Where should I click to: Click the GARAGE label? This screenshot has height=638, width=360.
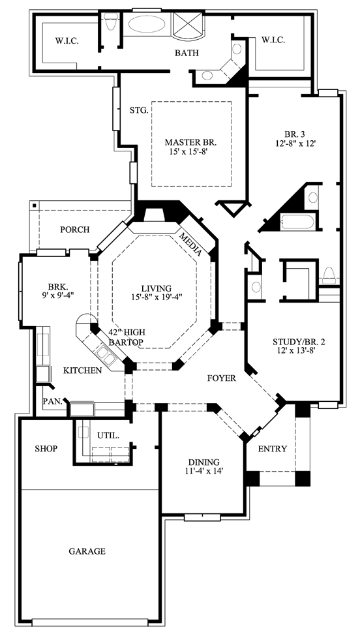pyautogui.click(x=87, y=551)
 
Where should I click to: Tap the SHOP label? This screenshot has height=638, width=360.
pyautogui.click(x=46, y=448)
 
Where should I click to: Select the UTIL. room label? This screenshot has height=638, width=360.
pyautogui.click(x=108, y=435)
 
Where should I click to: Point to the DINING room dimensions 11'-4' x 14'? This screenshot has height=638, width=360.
pyautogui.click(x=203, y=470)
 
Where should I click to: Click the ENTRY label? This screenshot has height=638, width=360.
pyautogui.click(x=273, y=449)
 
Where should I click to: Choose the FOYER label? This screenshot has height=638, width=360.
pyautogui.click(x=222, y=378)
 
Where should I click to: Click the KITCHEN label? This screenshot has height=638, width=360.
pyautogui.click(x=83, y=371)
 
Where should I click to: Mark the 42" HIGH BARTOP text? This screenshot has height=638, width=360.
pyautogui.click(x=126, y=337)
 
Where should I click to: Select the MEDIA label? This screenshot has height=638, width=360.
pyautogui.click(x=191, y=244)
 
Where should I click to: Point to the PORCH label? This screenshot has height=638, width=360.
pyautogui.click(x=75, y=230)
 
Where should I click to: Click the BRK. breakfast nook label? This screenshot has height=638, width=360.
pyautogui.click(x=53, y=285)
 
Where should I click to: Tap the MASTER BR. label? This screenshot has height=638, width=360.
pyautogui.click(x=191, y=142)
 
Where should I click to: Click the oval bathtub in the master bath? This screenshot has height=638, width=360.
pyautogui.click(x=147, y=24)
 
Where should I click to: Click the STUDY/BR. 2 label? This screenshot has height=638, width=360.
pyautogui.click(x=293, y=341)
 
